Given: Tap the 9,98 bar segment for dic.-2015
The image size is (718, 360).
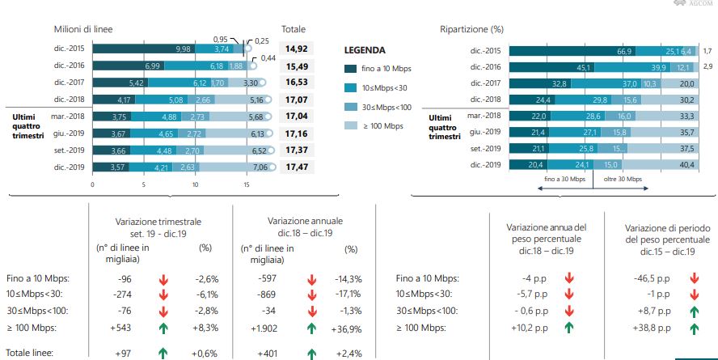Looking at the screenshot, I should pyautogui.click(x=183, y=49).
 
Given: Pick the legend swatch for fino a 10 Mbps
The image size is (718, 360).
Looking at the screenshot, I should pyautogui.click(x=351, y=70).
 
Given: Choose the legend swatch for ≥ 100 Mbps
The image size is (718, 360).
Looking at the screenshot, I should pyautogui.click(x=351, y=125).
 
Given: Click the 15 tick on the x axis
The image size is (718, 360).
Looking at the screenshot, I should pyautogui.click(x=246, y=185).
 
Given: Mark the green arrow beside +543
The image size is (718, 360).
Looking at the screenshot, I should pyautogui.click(x=163, y=328).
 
